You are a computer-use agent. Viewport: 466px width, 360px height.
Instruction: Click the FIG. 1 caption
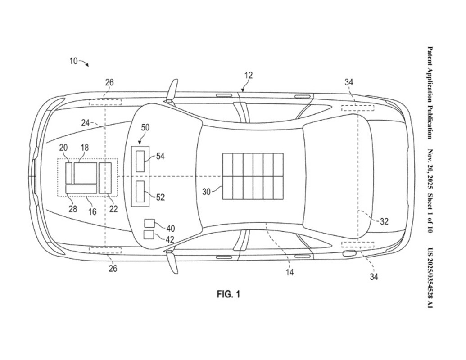(228, 294)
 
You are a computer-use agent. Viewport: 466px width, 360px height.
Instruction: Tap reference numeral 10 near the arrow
(73, 61)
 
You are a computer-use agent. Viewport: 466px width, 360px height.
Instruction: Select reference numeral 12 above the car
(249, 76)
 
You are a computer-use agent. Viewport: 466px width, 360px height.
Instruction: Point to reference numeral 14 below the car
(290, 272)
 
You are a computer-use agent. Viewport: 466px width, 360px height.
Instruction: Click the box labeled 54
(140, 161)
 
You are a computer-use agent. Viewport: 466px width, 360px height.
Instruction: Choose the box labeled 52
(140, 192)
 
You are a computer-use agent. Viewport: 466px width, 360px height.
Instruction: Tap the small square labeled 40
(149, 223)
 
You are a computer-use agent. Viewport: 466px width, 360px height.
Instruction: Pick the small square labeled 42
(149, 234)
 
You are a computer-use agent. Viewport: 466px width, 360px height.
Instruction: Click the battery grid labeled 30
(253, 176)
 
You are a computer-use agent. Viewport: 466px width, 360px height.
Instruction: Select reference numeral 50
(145, 127)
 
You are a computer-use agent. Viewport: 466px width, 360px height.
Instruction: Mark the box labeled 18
(85, 173)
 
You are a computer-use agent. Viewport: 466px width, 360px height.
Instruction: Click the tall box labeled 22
(105, 178)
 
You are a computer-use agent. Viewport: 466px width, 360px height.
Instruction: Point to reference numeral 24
(86, 122)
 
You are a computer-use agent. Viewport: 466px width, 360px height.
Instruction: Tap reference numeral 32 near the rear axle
(384, 221)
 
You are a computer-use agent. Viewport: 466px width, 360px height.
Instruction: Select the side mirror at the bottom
(172, 262)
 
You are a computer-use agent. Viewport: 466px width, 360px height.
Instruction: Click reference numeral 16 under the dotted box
(92, 211)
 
